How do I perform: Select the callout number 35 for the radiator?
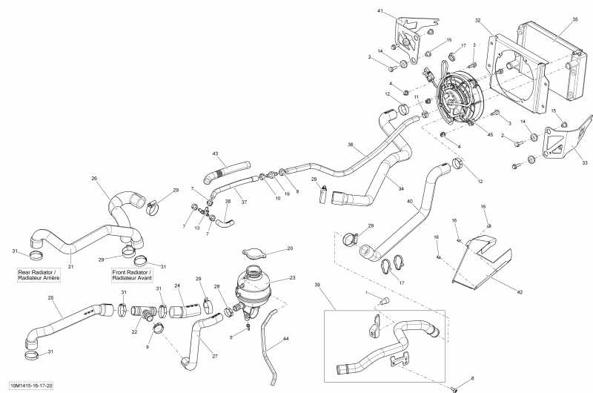click(574, 19)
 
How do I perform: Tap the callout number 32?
click(478, 20)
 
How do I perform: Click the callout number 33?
click(584, 163)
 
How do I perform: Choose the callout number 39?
click(317, 285)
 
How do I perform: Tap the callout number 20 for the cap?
click(290, 248)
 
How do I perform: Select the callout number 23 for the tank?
click(292, 278)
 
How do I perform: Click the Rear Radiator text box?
click(38, 275)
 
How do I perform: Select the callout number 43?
click(216, 153)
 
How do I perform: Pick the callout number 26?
click(94, 178)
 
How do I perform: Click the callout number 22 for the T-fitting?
click(135, 332)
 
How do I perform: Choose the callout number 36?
click(351, 145)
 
